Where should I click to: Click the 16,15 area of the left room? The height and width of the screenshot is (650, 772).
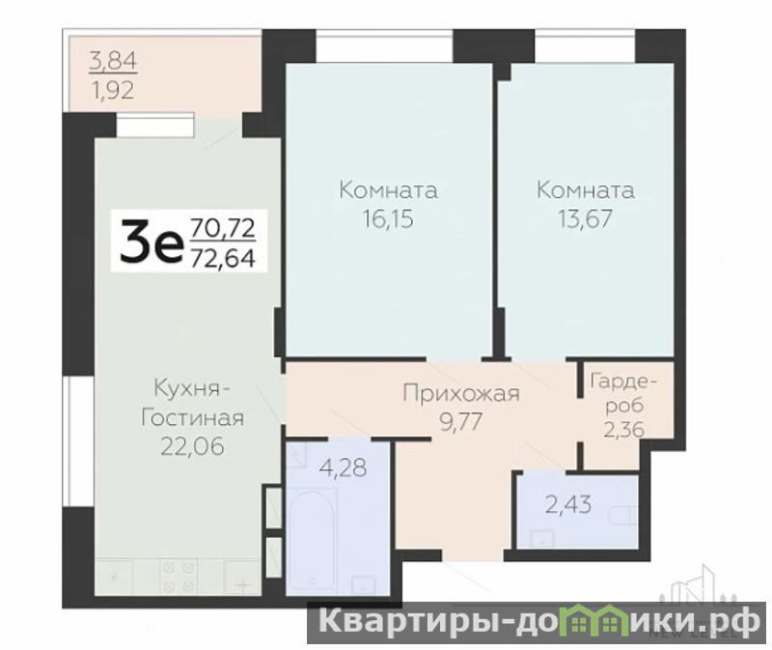pos(388,219)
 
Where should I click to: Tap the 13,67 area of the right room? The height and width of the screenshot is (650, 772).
pos(585,219)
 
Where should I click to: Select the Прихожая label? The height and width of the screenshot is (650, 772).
pos(461,394)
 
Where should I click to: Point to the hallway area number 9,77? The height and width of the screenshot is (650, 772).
pos(461,422)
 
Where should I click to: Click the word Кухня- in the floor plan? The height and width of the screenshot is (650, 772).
pos(192,389)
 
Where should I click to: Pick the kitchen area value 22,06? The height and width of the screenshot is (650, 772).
pos(192,446)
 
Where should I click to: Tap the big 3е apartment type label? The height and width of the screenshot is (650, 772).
pos(151,241)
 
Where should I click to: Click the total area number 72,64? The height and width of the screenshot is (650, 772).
pos(223,258)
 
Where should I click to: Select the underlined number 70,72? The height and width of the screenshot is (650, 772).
pos(223,228)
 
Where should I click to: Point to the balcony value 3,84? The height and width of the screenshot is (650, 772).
pos(113,62)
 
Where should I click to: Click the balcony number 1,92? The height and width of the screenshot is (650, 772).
pos(113,90)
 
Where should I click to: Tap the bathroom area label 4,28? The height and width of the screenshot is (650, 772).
pos(343,467)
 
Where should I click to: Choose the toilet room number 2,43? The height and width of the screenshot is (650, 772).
pos(568,504)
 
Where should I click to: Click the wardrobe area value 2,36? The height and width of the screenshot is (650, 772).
pos(623,430)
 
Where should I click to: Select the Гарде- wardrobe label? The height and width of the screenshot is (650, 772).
pos(623,381)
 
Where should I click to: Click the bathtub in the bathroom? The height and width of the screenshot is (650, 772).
pos(312,539)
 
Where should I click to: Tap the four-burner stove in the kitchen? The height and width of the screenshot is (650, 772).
pos(179,576)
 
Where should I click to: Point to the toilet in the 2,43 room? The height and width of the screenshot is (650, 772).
pos(622,516)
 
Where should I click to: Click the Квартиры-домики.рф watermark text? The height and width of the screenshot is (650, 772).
pos(538,621)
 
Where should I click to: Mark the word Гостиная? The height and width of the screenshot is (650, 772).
pos(192,418)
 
